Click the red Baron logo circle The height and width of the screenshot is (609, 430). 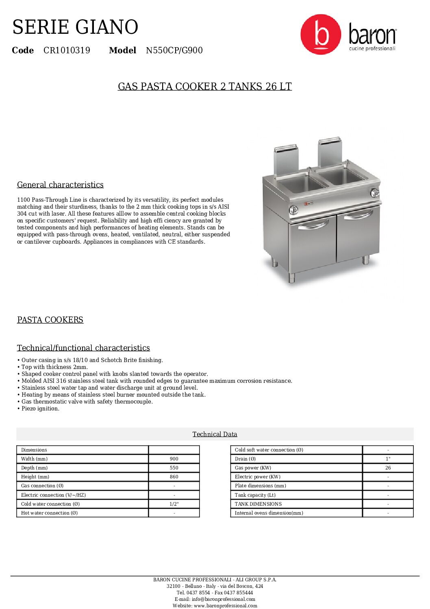[x=321, y=35]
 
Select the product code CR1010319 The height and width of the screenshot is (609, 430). [x=67, y=50]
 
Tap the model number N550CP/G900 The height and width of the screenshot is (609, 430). [x=174, y=50]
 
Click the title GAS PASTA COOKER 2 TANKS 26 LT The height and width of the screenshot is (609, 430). [x=205, y=87]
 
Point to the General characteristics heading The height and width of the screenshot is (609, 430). [x=60, y=185]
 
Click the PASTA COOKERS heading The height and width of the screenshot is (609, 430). [x=50, y=320]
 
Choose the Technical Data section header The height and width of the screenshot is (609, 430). [x=215, y=434]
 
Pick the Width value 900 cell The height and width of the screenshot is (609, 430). [x=174, y=459]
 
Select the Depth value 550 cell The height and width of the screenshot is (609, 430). [x=174, y=468]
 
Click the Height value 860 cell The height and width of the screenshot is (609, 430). [x=174, y=477]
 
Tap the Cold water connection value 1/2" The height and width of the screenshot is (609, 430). [x=174, y=504]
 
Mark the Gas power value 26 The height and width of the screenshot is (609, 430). [x=388, y=468]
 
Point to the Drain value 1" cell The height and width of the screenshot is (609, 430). [x=388, y=459]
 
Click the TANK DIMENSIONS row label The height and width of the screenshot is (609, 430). [x=258, y=504]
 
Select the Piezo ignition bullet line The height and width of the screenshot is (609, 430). [x=40, y=408]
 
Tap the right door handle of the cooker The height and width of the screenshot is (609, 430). [x=358, y=215]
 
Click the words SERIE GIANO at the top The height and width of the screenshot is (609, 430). [x=75, y=27]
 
